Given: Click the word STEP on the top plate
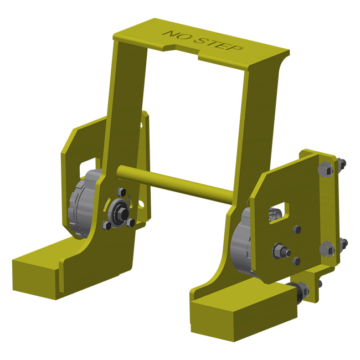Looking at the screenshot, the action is click(218, 44).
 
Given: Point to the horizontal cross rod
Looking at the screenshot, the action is click(174, 184).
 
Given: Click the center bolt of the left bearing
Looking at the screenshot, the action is click(124, 214).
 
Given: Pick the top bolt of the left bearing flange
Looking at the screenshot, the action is click(121, 192).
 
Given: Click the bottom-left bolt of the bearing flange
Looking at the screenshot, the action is click(106, 225).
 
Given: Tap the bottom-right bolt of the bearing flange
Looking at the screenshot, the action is click(130, 223).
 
